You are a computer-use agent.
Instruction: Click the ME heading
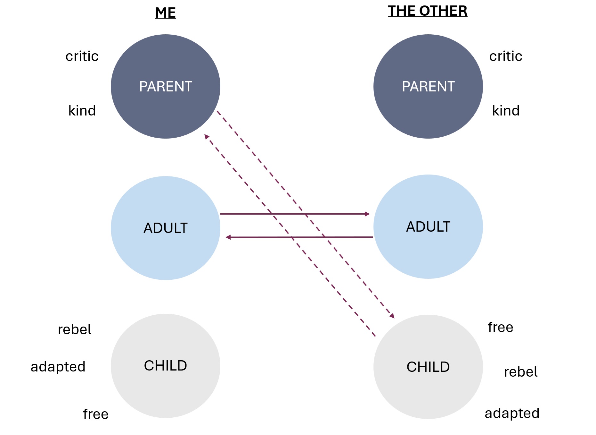coord(165,13)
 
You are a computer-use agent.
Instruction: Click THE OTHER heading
coord(428,11)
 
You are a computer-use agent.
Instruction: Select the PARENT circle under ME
coord(166,87)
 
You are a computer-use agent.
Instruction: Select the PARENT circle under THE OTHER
coord(428,87)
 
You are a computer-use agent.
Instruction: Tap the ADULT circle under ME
coord(166,228)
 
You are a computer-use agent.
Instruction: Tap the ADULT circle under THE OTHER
coord(428,227)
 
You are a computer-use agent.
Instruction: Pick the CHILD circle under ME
coord(166,366)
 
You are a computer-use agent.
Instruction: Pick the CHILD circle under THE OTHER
coord(428,367)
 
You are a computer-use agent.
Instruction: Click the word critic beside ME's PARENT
coord(82,56)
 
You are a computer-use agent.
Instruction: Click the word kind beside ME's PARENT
coord(82,111)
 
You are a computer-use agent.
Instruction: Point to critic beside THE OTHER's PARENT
coord(506,56)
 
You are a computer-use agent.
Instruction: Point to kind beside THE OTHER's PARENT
coord(506,111)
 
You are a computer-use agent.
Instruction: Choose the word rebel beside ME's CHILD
coord(75,329)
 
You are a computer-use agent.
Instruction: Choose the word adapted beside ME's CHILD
coord(58,367)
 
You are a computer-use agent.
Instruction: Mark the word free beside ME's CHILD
coord(96,414)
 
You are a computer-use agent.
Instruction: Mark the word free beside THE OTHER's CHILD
coord(501,327)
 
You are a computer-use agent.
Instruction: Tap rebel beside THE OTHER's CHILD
coord(521,372)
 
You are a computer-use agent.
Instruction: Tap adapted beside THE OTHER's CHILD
coord(512,413)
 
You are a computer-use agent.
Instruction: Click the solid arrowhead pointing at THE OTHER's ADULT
coord(367,214)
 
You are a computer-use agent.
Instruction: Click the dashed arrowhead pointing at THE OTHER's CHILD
coord(392,316)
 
